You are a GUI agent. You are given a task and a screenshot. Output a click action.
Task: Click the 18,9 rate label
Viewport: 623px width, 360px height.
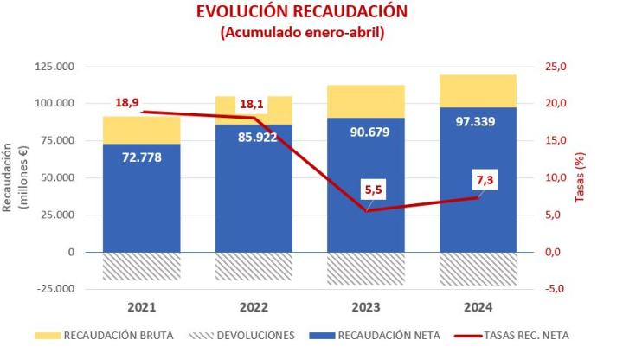pos(127,102)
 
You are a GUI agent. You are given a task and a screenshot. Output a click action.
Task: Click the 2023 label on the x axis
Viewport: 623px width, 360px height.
pos(366,307)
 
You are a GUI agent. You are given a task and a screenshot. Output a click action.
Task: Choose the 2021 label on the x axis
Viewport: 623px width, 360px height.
pos(142,307)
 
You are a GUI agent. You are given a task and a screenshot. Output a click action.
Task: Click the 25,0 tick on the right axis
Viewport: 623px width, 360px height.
pos(555,67)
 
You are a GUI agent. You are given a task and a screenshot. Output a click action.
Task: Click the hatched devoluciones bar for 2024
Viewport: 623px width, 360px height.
pos(478,269)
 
